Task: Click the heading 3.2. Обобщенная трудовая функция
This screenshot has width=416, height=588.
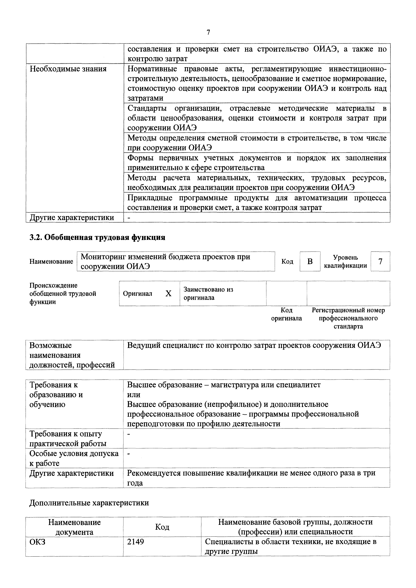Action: coord(97,237)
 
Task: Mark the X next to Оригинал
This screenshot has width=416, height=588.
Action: coord(168,293)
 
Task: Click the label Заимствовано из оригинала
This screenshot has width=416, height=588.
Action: coord(208,293)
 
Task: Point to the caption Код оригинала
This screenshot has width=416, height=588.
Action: coord(286,314)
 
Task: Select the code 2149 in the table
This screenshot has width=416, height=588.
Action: coord(135,542)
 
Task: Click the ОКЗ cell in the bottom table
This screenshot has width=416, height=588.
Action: coord(37,542)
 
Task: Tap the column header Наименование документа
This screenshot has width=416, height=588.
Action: coord(74,527)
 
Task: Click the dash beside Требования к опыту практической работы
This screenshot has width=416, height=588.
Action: coord(129,434)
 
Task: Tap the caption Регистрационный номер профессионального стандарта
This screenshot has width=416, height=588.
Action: coord(348,318)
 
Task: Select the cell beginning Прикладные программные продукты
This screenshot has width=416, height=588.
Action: coord(257,203)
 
